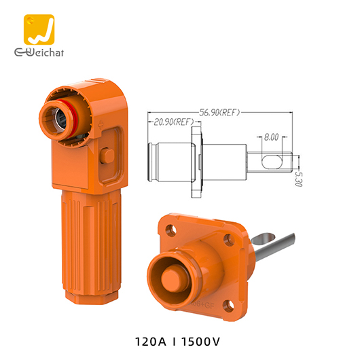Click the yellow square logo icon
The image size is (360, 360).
coord(38,30)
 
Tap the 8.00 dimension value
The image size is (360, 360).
coord(271,137)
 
